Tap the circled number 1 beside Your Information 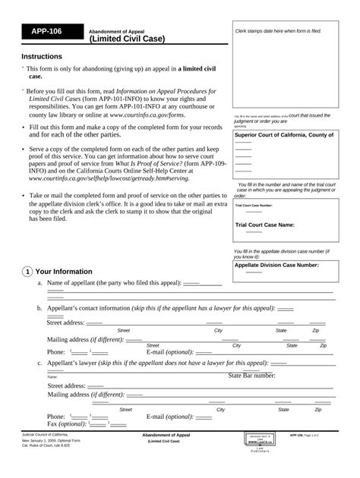(27, 272)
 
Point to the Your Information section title (64, 272)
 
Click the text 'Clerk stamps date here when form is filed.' (278, 31)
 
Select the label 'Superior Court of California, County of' (284, 134)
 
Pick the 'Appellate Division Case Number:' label (276, 266)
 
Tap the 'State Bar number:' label (251, 375)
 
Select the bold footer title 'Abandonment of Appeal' (166, 435)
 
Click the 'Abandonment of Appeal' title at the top (122, 30)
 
